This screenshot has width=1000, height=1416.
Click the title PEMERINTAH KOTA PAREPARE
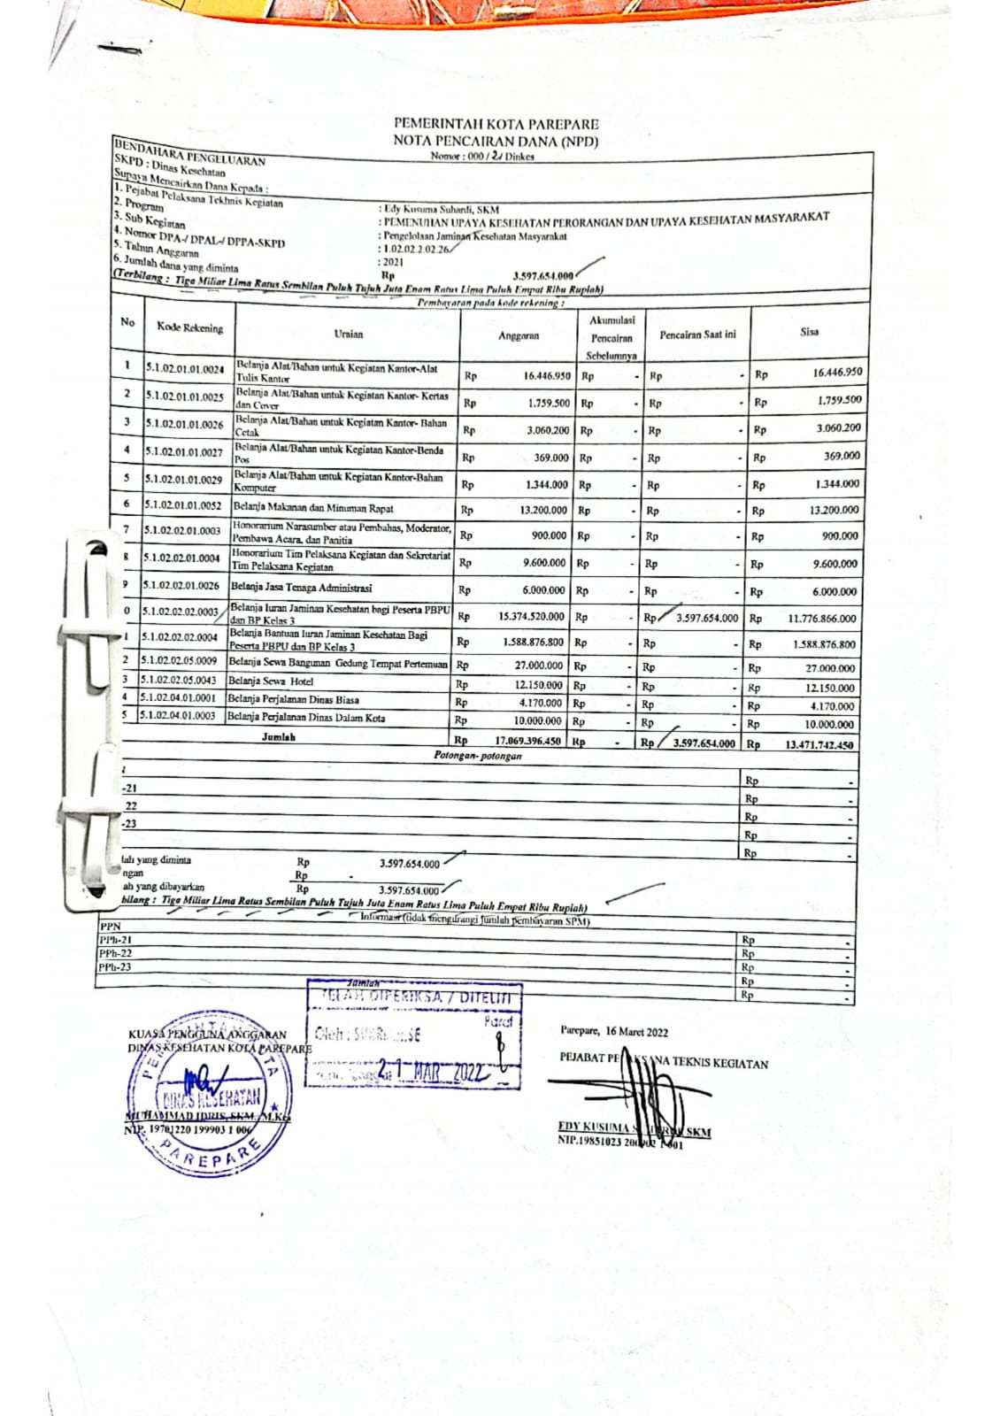click(496, 124)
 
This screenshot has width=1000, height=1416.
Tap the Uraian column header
click(349, 334)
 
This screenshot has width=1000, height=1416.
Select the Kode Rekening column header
click(189, 327)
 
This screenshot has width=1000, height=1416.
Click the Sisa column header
click(809, 332)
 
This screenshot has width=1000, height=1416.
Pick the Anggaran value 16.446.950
click(546, 375)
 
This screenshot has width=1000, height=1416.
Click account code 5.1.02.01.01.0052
click(183, 505)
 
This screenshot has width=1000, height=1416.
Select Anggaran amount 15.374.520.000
click(531, 616)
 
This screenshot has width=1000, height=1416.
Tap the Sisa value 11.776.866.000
click(821, 619)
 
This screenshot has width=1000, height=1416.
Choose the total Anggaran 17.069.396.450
click(527, 741)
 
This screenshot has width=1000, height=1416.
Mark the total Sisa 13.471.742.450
click(819, 745)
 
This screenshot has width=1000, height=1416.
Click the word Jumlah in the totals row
click(278, 736)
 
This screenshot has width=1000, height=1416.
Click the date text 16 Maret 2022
click(637, 1031)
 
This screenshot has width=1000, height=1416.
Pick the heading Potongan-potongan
click(477, 756)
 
